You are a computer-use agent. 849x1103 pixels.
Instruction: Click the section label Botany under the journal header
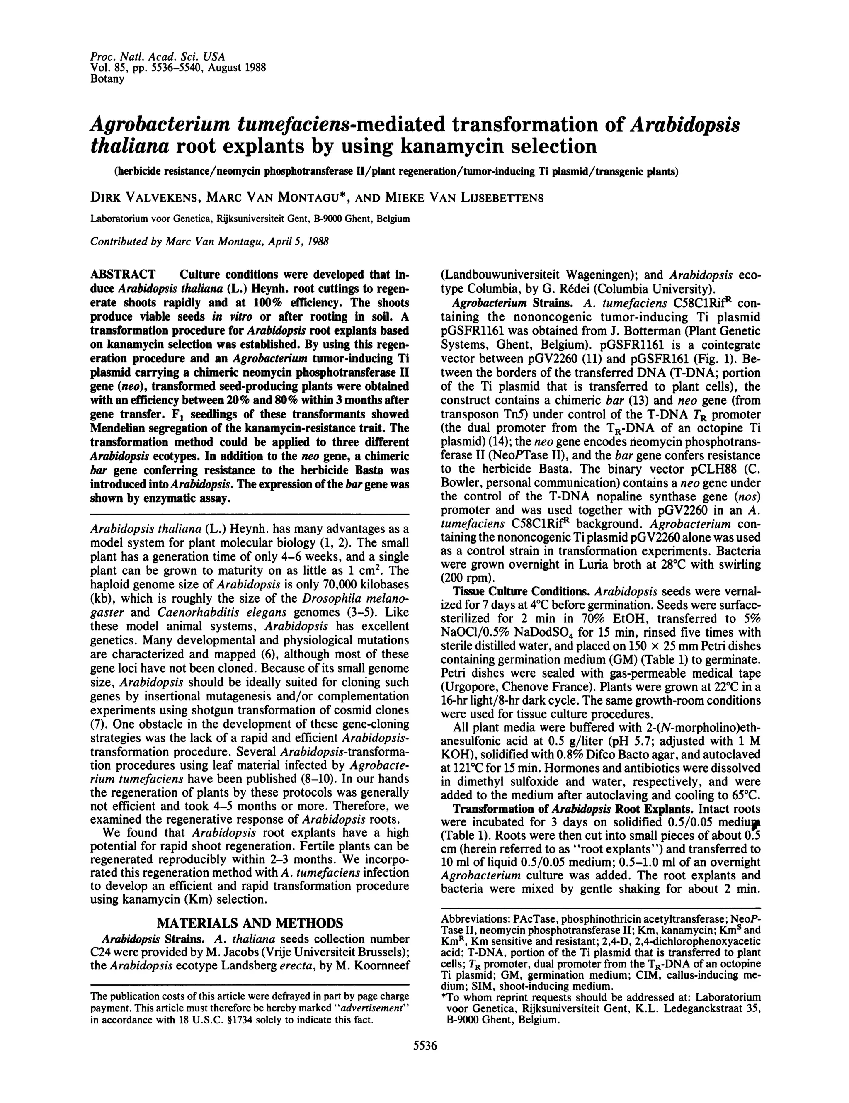click(107, 79)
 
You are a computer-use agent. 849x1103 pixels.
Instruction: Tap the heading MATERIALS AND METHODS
click(250, 923)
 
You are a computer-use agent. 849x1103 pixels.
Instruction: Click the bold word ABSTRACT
click(123, 275)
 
